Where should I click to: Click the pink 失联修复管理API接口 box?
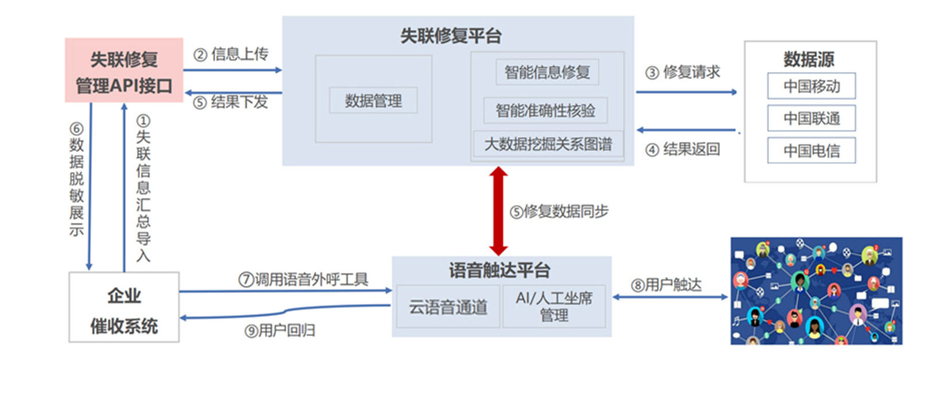pos(124,70)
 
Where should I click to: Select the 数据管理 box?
pos(373,101)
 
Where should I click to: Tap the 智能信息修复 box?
pos(547,72)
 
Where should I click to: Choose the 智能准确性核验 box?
pos(545,111)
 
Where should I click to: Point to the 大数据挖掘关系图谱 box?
pos(548,144)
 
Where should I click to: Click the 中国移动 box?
pos(812,86)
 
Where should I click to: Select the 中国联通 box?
pos(812,118)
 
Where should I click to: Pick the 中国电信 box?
pos(812,151)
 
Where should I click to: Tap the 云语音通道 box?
pos(448,307)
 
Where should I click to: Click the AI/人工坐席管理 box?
pos(554,307)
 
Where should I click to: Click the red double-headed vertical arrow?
pos(498,211)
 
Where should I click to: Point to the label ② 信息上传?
pos(232,54)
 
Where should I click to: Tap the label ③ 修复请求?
pos(682,72)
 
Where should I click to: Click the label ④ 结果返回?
pos(682,150)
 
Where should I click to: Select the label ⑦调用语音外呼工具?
pos(303,279)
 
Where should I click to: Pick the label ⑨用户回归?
pos(280,331)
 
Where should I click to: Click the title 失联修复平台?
pos(451,36)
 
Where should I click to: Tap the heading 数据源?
pos(809,59)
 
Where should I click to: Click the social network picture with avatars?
pos(816,291)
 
